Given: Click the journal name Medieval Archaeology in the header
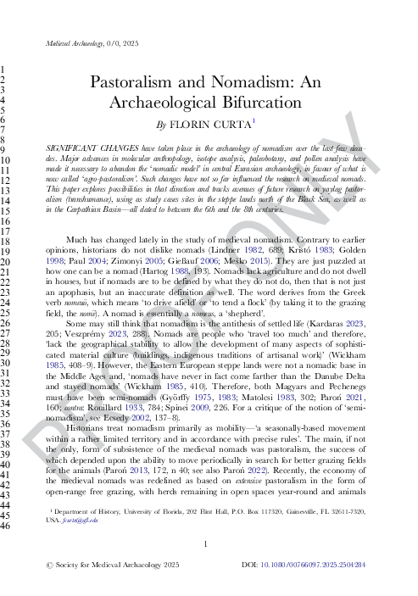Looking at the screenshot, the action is pos(75,42).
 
